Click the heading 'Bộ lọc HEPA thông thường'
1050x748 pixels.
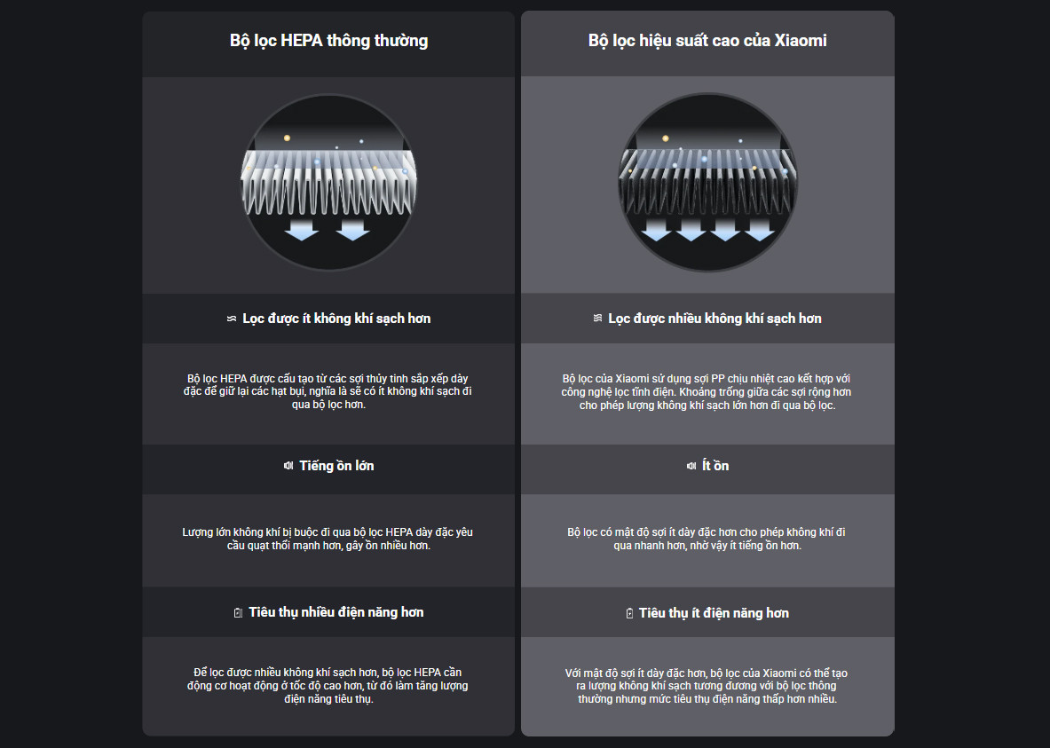pyautogui.click(x=328, y=41)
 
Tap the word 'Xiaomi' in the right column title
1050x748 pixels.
pyautogui.click(x=801, y=41)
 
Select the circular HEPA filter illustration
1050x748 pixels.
pyautogui.click(x=328, y=182)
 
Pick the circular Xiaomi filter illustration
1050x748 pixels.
pyautogui.click(x=707, y=182)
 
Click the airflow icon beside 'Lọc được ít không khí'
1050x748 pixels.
pyautogui.click(x=232, y=319)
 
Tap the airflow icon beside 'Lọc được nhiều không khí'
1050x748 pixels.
pyautogui.click(x=598, y=318)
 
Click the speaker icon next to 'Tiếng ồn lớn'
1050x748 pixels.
pyautogui.click(x=288, y=466)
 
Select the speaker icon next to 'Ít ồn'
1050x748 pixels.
pyautogui.click(x=691, y=466)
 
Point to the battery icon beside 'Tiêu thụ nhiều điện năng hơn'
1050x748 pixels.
pyautogui.click(x=238, y=613)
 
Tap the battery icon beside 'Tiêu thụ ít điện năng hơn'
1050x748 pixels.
pyautogui.click(x=629, y=613)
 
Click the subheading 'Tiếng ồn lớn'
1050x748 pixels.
pyautogui.click(x=336, y=466)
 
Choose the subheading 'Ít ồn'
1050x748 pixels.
pyautogui.click(x=716, y=466)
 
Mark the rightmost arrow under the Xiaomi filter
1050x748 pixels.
pyautogui.click(x=760, y=230)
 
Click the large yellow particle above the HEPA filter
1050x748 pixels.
pyautogui.click(x=287, y=138)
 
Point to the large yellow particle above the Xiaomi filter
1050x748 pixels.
pyautogui.click(x=665, y=138)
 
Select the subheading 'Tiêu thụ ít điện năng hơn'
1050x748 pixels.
pyautogui.click(x=714, y=613)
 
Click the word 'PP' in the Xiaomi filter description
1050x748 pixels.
pyautogui.click(x=718, y=379)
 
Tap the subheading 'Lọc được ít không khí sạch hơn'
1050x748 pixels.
pyautogui.click(x=336, y=319)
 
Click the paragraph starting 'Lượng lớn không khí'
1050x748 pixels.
pyautogui.click(x=328, y=539)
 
